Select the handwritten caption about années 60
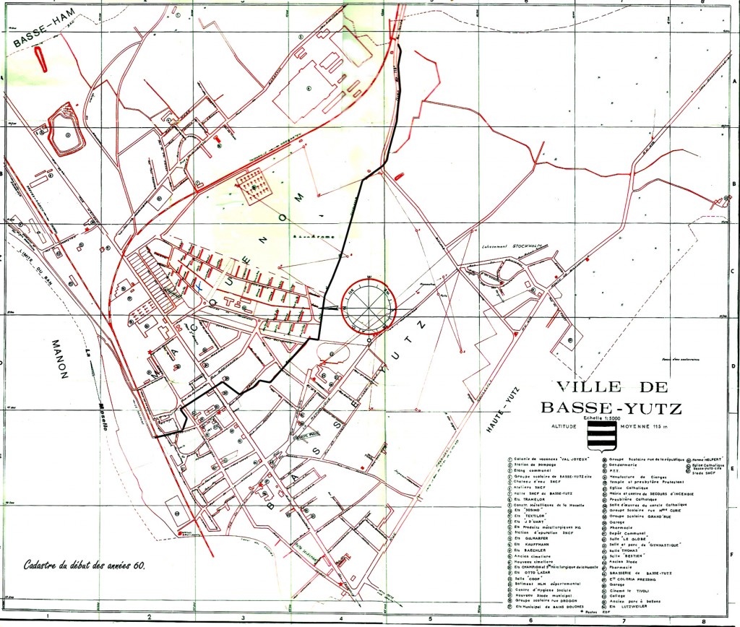tap(85, 565)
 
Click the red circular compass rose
tap(369, 306)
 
